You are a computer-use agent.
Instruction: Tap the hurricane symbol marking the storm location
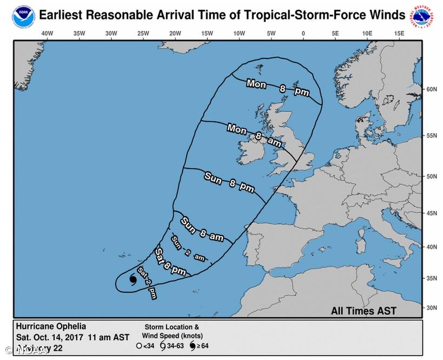tap(133, 279)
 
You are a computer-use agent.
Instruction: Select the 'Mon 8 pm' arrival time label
tap(277, 88)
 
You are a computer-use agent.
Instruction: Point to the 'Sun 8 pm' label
tap(229, 181)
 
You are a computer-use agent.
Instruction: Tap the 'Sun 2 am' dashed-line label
tap(188, 248)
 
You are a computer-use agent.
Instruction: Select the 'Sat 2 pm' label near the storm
tap(148, 283)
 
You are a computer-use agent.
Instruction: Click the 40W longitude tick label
tap(47, 34)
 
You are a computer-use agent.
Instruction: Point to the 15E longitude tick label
tap(399, 34)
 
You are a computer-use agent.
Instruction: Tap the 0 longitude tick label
tap(303, 34)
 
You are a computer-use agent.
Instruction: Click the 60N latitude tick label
tap(432, 89)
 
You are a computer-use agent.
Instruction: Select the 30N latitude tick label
tap(432, 307)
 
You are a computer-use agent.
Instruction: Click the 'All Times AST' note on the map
tap(363, 311)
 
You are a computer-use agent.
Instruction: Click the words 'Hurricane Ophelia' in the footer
tap(50, 326)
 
